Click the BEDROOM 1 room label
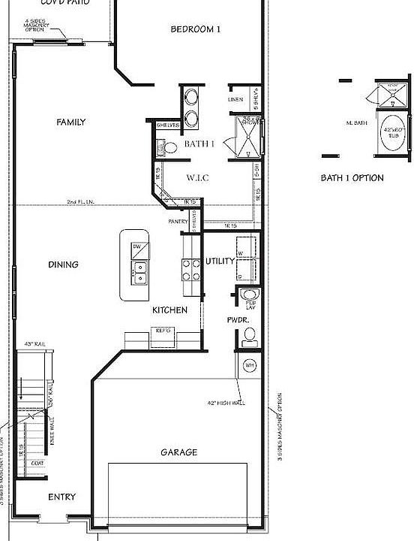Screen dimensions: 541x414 pos(196,30)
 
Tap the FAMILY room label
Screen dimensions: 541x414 pos(71,122)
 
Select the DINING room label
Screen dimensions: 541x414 pos(64,264)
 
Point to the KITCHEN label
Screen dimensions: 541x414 pos(169,310)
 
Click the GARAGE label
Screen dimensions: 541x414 pos(179,452)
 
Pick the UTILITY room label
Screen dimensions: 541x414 pos(220,261)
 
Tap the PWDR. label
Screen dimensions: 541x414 pos(238,319)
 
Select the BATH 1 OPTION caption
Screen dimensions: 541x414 pos(352,178)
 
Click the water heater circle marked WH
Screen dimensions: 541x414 pos(250,365)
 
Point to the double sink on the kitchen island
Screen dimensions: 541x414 pos(140,272)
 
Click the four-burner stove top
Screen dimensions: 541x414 pos(190,269)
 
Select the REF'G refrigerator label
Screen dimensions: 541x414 pos(163,330)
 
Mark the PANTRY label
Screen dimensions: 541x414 pos(178,222)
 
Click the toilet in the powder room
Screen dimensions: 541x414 pos(250,334)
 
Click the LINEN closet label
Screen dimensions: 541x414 pos(235,100)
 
